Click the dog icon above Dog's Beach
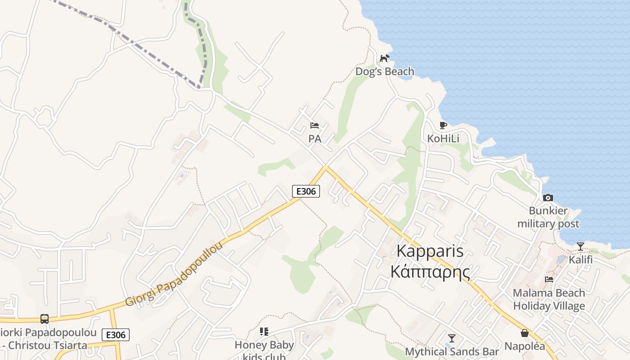tap(384, 58)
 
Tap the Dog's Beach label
tap(385, 72)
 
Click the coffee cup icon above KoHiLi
tap(443, 125)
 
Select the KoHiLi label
tap(443, 139)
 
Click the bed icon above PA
tap(315, 125)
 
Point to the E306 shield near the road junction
tap(306, 191)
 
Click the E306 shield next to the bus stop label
tap(116, 334)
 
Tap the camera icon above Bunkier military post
tap(548, 198)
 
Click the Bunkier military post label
tap(548, 217)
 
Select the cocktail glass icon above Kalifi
tap(580, 247)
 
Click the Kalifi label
tap(580, 260)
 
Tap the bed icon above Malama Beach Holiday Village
tap(549, 279)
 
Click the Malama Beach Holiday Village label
tap(549, 299)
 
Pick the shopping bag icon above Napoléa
tap(525, 333)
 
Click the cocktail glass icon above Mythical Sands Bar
tap(452, 338)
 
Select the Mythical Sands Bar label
tap(452, 351)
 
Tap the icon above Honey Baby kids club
tap(264, 332)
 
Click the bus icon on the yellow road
tap(45, 319)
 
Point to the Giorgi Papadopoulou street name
tap(175, 274)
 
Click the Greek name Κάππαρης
tap(430, 272)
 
